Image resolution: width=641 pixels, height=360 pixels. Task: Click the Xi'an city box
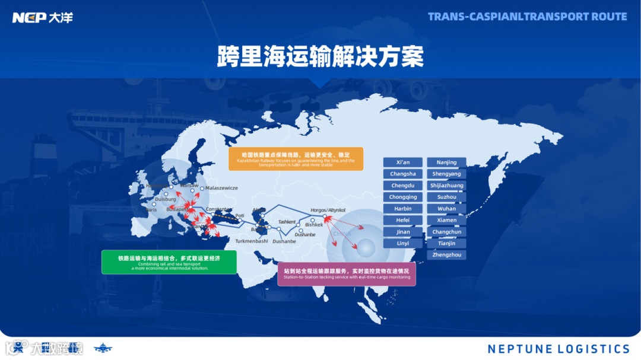click(x=403, y=163)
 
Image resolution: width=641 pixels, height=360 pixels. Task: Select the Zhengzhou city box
click(x=446, y=255)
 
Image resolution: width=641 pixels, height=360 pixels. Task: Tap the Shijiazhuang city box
click(x=446, y=186)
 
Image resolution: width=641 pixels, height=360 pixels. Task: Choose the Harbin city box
click(x=403, y=209)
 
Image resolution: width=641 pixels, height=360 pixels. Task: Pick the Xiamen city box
click(x=446, y=220)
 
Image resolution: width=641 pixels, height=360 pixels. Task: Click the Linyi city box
click(x=403, y=243)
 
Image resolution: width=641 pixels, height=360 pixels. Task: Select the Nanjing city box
click(x=446, y=163)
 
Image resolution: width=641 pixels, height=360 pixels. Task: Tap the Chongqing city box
click(x=403, y=197)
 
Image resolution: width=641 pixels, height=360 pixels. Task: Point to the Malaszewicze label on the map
click(x=221, y=188)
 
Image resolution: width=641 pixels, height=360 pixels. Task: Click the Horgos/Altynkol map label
click(x=328, y=210)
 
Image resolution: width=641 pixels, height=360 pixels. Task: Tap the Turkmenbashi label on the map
click(x=252, y=241)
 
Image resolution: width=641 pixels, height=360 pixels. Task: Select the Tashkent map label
click(x=287, y=222)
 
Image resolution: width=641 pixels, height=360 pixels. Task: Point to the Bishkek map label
click(x=314, y=225)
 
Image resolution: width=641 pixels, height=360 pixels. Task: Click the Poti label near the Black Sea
click(x=240, y=216)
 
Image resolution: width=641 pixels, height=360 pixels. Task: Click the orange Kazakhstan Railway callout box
click(x=296, y=159)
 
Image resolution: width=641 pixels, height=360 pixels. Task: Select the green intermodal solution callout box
click(x=169, y=262)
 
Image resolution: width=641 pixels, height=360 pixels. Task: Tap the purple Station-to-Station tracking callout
click(x=347, y=274)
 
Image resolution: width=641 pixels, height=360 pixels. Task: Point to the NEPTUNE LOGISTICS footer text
click(x=559, y=349)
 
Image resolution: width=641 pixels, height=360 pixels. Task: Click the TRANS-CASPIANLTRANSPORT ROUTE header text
click(x=527, y=17)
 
